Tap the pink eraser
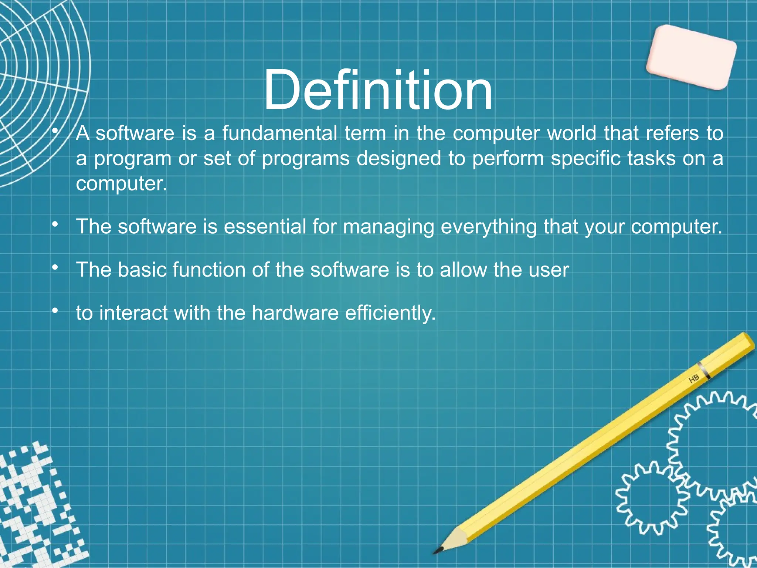pos(691,57)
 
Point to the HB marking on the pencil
pos(694,379)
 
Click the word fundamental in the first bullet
pos(280,133)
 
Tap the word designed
pos(399,159)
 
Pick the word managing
pos(388,227)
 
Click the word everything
pos(489,227)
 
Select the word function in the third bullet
pos(209,270)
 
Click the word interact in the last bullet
pos(133,313)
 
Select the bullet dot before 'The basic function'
pos(55,267)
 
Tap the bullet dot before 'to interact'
pos(55,311)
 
